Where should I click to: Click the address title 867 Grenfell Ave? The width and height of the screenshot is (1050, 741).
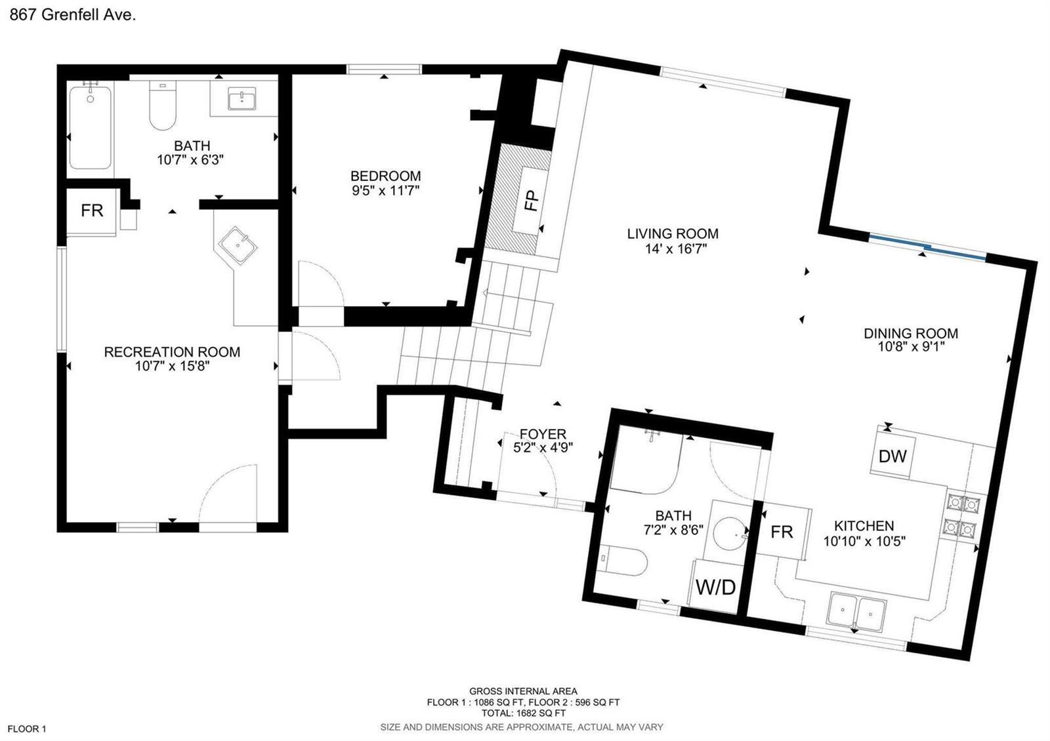(x=73, y=15)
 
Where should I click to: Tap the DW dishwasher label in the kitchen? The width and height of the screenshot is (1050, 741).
(x=892, y=456)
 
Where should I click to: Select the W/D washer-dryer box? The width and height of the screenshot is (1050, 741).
(x=716, y=586)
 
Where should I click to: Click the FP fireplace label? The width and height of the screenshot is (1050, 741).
(x=532, y=201)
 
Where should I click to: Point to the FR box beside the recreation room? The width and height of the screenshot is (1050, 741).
(x=91, y=210)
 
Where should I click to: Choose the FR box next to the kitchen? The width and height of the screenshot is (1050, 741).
(x=782, y=532)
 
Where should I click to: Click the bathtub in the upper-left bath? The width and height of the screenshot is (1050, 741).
(x=91, y=127)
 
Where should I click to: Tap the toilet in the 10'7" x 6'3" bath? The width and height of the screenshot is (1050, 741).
(x=162, y=106)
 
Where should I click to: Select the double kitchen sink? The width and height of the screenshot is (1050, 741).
(x=857, y=610)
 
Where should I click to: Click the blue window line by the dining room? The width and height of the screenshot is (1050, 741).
(x=927, y=247)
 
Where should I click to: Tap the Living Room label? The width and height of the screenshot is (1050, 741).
(x=672, y=233)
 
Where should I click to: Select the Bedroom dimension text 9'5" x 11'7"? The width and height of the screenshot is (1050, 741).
(x=386, y=191)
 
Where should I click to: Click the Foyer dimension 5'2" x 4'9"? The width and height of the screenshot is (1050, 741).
(x=543, y=448)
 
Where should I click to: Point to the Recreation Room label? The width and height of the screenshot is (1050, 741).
(x=172, y=351)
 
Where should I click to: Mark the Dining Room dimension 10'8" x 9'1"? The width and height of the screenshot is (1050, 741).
(x=911, y=347)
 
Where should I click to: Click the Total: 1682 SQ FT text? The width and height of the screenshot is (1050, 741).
(x=524, y=713)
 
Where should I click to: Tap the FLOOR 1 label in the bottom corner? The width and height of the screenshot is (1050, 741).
(x=27, y=729)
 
